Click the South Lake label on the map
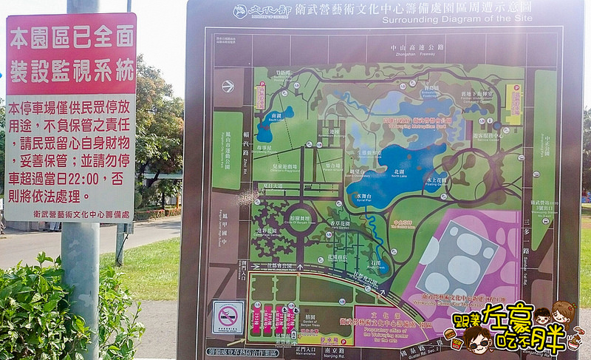[x=275, y=118]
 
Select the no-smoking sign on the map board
[x=228, y=317]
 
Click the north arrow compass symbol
[x=228, y=86]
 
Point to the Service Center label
[x=488, y=137]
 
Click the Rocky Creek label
[x=379, y=265]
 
